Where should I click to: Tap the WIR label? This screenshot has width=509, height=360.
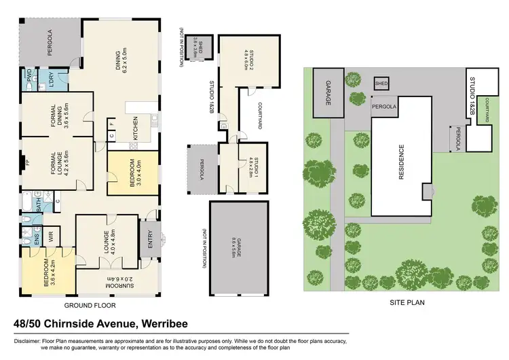click(x=50, y=236)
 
